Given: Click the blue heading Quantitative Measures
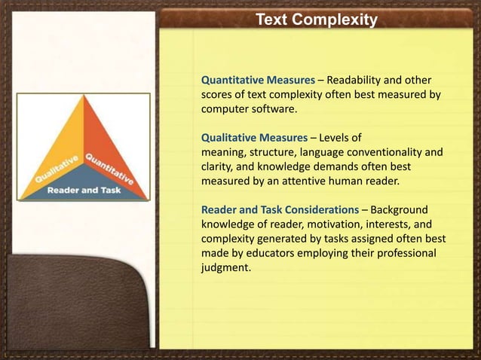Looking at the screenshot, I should click(x=256, y=81).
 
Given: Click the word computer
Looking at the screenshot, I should click(x=224, y=109).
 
